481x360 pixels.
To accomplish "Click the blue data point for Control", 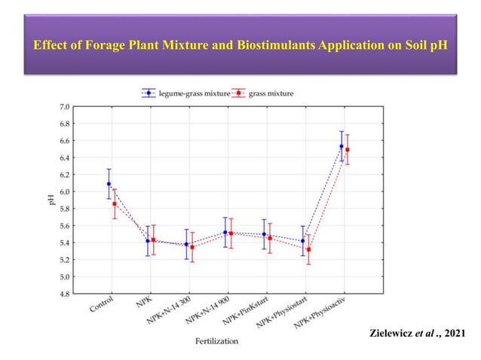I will tap(109, 184).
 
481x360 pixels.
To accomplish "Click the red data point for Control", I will tap(115, 203).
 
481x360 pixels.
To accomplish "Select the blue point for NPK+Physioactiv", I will tap(342, 146).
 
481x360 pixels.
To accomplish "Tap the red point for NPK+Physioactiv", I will tap(348, 150).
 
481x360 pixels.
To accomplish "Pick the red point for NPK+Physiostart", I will tap(308, 249).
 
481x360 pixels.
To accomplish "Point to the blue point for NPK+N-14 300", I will tap(187, 244).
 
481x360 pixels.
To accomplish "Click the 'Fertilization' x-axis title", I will tap(216, 340).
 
